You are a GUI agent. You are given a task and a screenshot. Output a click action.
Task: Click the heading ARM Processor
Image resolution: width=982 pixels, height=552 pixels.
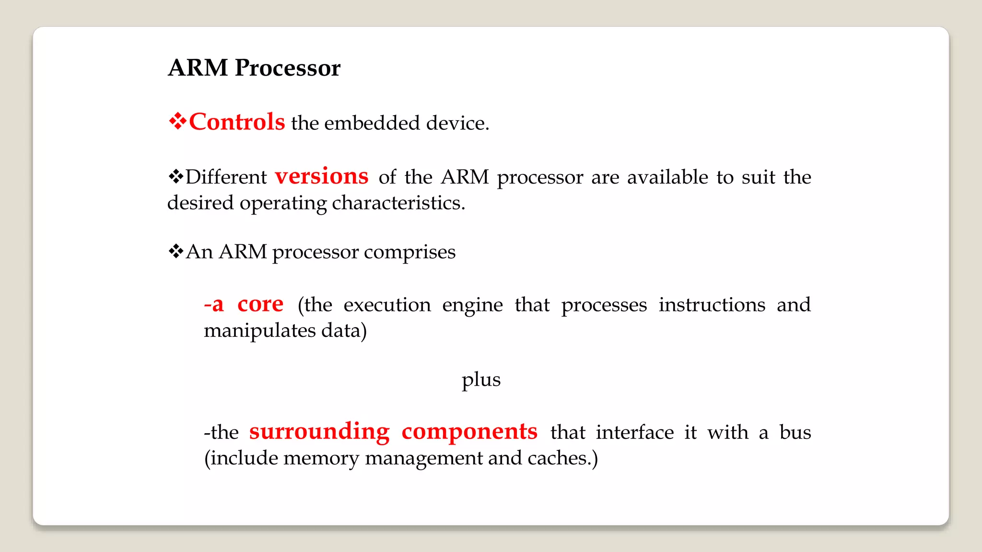click(x=254, y=68)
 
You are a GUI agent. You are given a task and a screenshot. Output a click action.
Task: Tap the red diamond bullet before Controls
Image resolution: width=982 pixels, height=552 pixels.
click(x=177, y=121)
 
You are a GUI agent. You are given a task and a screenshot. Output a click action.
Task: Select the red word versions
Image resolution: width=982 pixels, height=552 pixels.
click(x=321, y=176)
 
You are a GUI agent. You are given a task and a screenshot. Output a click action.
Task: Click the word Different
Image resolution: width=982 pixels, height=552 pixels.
click(x=226, y=177)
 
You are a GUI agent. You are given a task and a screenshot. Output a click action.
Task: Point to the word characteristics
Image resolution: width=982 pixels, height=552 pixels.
click(x=398, y=203)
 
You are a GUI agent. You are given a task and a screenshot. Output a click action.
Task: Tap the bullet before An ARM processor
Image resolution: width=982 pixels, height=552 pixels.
click(x=176, y=251)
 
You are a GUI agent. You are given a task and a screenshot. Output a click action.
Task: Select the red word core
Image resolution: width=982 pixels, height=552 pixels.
click(x=260, y=304)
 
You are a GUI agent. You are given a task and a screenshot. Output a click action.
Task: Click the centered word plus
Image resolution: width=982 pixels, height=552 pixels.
click(x=481, y=379)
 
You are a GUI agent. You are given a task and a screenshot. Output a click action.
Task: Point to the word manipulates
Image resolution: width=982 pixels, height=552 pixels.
click(x=259, y=331)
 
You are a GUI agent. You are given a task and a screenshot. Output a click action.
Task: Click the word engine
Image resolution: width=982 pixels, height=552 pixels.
click(x=472, y=305)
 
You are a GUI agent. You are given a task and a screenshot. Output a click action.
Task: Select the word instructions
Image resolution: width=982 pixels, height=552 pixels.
click(x=712, y=305)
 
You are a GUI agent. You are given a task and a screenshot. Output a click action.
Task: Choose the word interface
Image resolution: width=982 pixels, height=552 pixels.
click(x=635, y=432)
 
